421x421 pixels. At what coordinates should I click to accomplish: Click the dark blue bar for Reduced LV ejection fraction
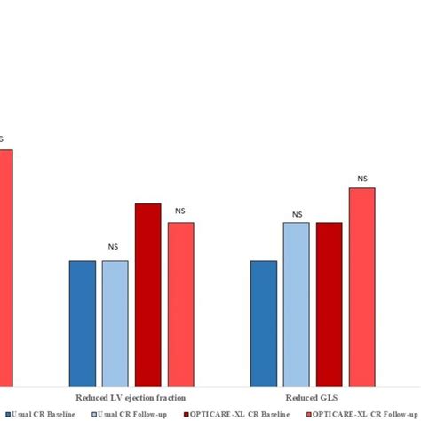pyautogui.click(x=83, y=322)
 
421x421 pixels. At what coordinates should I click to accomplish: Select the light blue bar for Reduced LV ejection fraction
pyautogui.click(x=115, y=322)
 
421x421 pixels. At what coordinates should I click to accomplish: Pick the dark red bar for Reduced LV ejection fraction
pyautogui.click(x=147, y=294)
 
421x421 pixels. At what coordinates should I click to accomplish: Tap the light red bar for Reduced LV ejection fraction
pyautogui.click(x=180, y=303)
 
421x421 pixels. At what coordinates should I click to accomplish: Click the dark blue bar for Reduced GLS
pyautogui.click(x=264, y=322)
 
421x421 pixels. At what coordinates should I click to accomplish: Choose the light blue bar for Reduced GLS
pyautogui.click(x=297, y=303)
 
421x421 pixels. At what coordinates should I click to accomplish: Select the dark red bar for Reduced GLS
pyautogui.click(x=329, y=303)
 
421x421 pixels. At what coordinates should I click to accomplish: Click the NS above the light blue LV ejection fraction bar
pyautogui.click(x=114, y=248)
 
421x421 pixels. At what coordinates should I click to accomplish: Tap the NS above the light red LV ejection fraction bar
pyautogui.click(x=180, y=210)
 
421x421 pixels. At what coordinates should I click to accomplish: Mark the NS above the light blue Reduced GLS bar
pyautogui.click(x=297, y=214)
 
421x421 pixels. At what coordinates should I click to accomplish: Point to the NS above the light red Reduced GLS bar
pyautogui.click(x=362, y=179)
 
